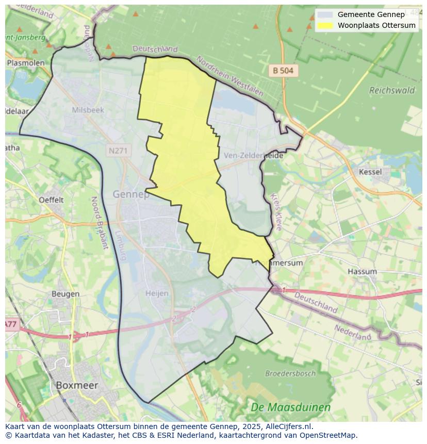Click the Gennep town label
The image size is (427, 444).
click(x=130, y=194)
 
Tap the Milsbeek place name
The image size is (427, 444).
click(x=88, y=110)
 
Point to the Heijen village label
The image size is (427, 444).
click(x=157, y=293)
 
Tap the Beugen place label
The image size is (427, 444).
click(x=65, y=294)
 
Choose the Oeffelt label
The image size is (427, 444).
click(x=51, y=200)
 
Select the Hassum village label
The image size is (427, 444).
click(x=362, y=271)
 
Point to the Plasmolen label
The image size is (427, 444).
click(x=26, y=62)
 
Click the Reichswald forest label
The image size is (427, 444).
click(x=392, y=90)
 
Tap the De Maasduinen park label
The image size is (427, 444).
click(x=290, y=407)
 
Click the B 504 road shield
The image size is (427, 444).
click(x=283, y=71)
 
